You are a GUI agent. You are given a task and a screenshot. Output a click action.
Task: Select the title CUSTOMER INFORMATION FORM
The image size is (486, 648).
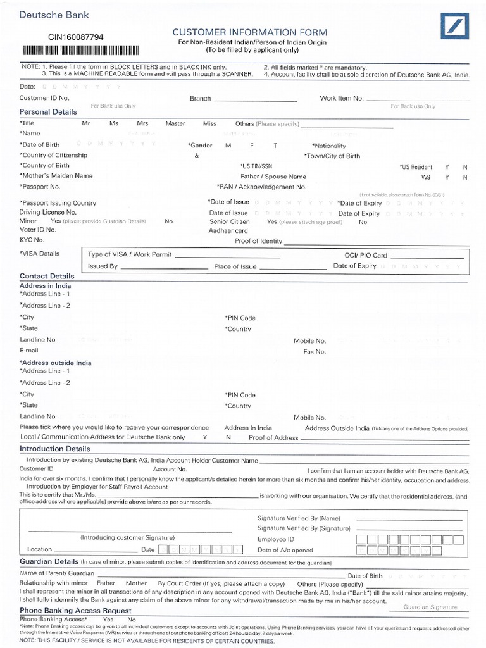click(250, 32)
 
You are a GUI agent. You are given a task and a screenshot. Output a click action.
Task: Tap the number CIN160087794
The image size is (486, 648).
click(76, 37)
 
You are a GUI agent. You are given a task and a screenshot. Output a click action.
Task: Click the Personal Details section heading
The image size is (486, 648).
click(48, 112)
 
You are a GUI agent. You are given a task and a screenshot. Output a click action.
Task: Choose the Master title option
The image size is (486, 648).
click(175, 123)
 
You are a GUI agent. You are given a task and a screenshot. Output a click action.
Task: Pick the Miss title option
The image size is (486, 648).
click(209, 123)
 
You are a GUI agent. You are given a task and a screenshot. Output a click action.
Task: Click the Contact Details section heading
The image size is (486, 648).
click(47, 277)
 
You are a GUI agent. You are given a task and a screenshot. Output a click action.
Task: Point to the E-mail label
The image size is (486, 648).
click(29, 350)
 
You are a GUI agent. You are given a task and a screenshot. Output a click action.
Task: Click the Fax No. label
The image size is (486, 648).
click(315, 351)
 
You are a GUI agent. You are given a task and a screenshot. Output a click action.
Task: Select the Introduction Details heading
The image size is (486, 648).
click(55, 449)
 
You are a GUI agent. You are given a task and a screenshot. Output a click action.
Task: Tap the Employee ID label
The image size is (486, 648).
click(276, 539)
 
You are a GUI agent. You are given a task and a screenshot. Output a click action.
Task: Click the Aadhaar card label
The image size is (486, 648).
click(228, 231)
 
